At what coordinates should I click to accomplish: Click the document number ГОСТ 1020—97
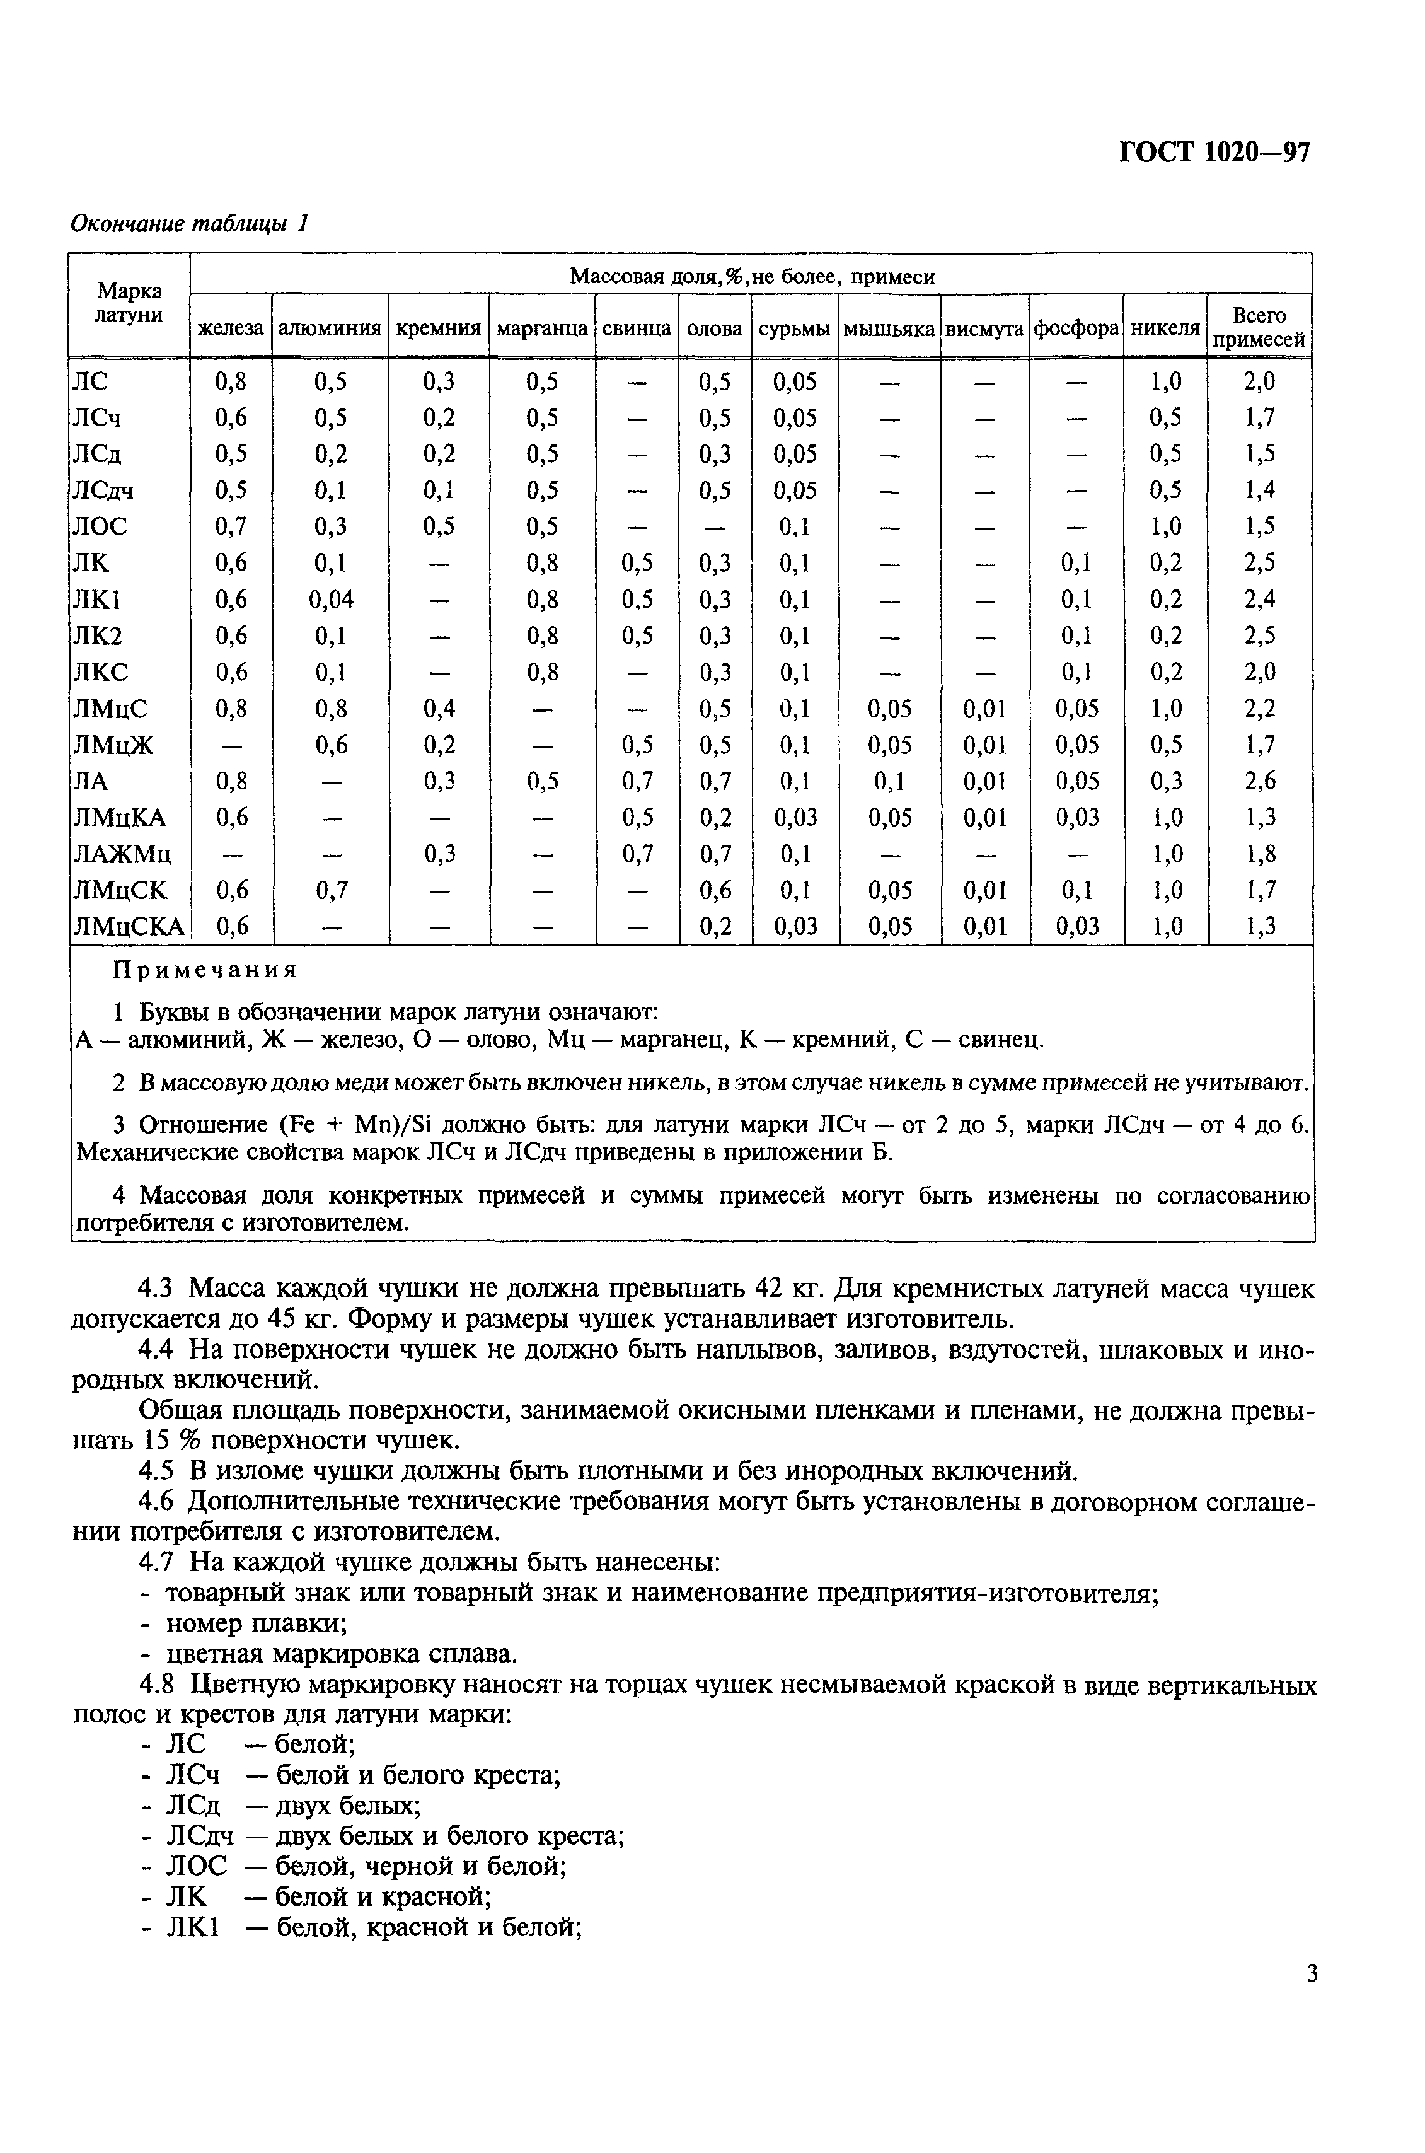[1214, 152]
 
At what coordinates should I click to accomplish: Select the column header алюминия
[329, 328]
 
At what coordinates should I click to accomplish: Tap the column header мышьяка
[889, 328]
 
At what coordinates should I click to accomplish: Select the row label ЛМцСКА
[128, 927]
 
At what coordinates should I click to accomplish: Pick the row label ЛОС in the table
[100, 527]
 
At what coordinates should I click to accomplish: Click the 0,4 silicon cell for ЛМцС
[438, 709]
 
